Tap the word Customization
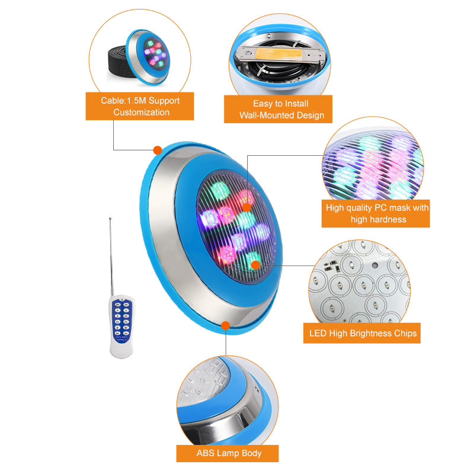tap(141, 113)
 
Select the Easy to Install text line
tap(280, 104)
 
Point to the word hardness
tap(379, 219)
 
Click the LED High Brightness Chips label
tap(362, 333)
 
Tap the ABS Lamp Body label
tap(228, 453)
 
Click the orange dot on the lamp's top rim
tap(158, 150)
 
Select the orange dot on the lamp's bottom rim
tap(226, 325)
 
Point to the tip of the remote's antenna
tap(110, 218)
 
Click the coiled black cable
tap(120, 63)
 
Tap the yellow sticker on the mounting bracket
tap(278, 54)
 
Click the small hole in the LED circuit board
tap(375, 265)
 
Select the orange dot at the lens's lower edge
tap(256, 265)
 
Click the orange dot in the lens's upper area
tap(247, 207)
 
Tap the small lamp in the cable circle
tap(148, 57)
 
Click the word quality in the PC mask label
tap(359, 208)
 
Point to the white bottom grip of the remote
tap(121, 351)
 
